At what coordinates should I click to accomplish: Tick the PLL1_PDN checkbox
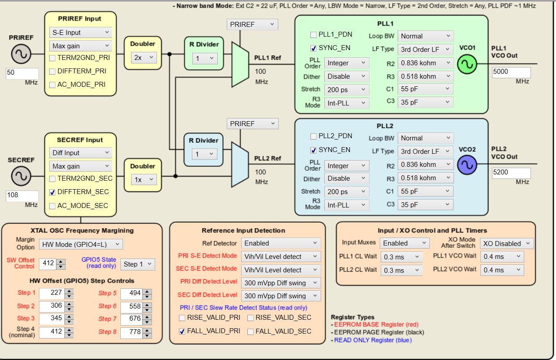314,35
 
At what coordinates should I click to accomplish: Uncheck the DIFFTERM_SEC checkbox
53,192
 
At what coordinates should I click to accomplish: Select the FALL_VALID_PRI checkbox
182,331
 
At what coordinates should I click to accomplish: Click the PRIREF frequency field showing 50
22,73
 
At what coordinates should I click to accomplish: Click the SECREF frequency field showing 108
22,195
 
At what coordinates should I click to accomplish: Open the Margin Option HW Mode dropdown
81,244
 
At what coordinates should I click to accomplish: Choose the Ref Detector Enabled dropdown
281,243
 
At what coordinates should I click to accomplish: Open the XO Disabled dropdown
507,243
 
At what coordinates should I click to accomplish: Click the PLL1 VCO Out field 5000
511,72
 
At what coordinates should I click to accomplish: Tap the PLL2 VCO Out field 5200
511,173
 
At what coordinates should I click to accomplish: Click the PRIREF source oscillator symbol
21,55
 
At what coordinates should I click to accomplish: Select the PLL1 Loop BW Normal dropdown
426,36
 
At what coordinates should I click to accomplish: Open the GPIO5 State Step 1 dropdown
138,264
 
